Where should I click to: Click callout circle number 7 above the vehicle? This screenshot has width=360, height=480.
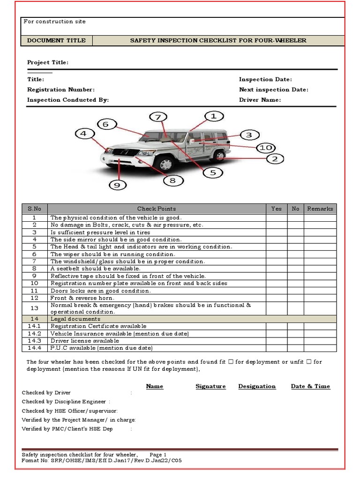click(x=158, y=117)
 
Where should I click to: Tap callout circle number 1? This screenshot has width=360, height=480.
click(x=213, y=115)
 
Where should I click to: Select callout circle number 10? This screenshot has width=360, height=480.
click(x=265, y=148)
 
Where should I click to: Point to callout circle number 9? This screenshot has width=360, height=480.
click(x=117, y=185)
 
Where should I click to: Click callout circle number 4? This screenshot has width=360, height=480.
click(x=83, y=134)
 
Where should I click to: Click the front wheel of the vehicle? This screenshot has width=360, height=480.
click(x=165, y=164)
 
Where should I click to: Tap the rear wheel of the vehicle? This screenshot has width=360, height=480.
click(x=219, y=156)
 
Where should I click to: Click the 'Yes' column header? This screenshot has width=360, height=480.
click(x=277, y=209)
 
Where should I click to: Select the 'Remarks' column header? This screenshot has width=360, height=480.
click(x=320, y=209)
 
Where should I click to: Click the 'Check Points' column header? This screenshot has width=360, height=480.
click(x=157, y=209)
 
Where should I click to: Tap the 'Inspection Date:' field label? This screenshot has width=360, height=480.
click(x=265, y=80)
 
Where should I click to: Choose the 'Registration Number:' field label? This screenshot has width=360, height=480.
click(x=61, y=90)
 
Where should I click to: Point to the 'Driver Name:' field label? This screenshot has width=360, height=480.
click(x=260, y=100)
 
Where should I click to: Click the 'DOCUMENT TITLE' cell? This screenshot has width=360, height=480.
click(x=56, y=40)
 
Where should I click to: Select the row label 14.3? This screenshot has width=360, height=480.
click(x=34, y=341)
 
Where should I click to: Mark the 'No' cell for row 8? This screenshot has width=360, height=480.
click(x=295, y=269)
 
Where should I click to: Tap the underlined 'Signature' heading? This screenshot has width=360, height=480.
click(x=210, y=386)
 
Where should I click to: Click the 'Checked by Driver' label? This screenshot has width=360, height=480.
click(x=46, y=393)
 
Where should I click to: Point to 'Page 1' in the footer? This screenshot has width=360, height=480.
click(x=158, y=455)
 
